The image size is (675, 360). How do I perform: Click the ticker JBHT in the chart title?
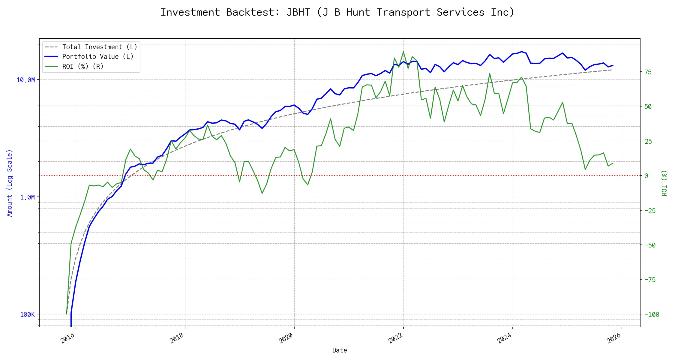(298, 12)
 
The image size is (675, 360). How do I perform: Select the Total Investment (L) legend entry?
(100, 47)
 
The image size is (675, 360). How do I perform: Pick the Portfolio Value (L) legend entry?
(98, 57)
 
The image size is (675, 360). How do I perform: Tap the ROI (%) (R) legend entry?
(83, 66)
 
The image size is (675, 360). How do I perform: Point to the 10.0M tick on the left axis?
(26, 80)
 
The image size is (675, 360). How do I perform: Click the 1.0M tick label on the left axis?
(27, 197)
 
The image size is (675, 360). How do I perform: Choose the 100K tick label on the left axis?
(27, 314)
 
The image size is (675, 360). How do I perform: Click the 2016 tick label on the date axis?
(68, 338)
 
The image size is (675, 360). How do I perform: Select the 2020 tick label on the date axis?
(286, 338)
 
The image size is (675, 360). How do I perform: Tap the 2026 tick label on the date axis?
(614, 338)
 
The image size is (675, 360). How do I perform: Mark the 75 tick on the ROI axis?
(648, 72)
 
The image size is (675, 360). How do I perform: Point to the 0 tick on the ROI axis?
(646, 176)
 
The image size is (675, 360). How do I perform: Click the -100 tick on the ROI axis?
(652, 314)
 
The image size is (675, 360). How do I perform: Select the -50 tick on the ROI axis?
(650, 245)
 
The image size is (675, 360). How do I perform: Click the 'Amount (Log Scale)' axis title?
(10, 183)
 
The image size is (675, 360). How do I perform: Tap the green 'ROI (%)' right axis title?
(664, 183)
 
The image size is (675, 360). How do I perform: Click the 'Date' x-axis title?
(340, 350)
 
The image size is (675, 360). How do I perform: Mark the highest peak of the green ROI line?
(403, 52)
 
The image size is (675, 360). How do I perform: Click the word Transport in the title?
(403, 12)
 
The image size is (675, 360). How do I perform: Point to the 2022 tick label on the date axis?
(395, 338)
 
